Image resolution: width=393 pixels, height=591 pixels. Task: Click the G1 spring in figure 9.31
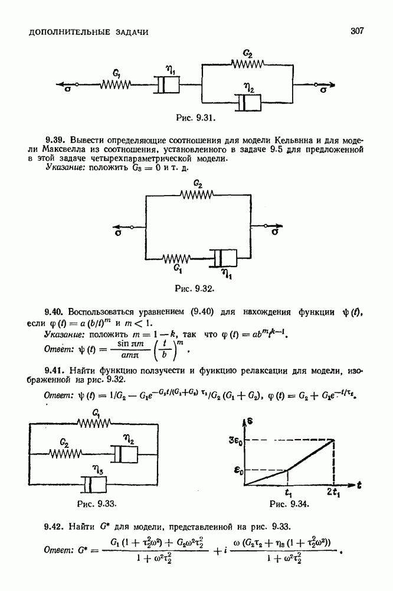(x=115, y=85)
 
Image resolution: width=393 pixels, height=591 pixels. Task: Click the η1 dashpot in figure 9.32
(x=224, y=258)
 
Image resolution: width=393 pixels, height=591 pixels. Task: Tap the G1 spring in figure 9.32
(x=178, y=258)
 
